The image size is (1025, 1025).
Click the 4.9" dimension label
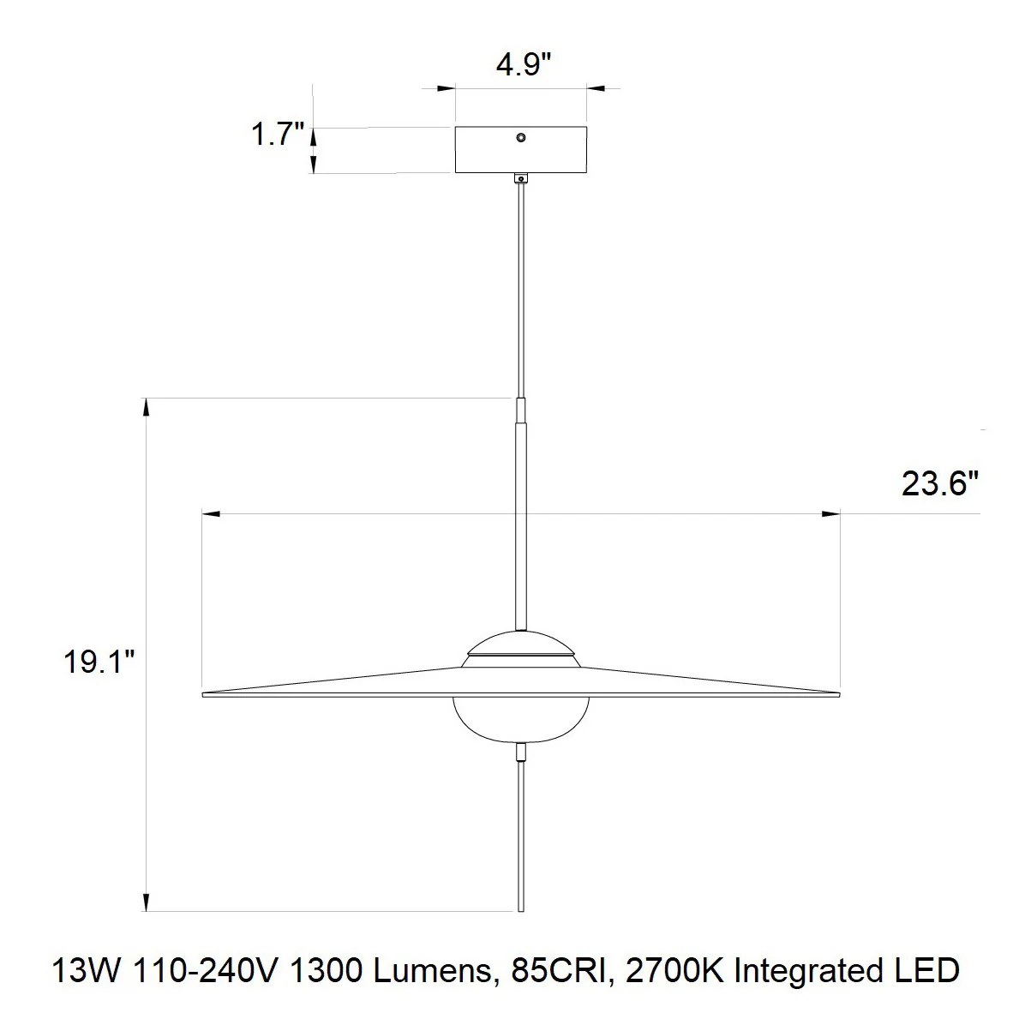click(524, 65)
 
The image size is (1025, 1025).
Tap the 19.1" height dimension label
click(99, 662)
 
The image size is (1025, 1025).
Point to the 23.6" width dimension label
click(940, 484)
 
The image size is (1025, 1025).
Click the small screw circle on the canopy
click(521, 137)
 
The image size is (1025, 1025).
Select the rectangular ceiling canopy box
click(521, 150)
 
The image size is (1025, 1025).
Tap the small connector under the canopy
click(521, 177)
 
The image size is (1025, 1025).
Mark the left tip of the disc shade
click(202, 694)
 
